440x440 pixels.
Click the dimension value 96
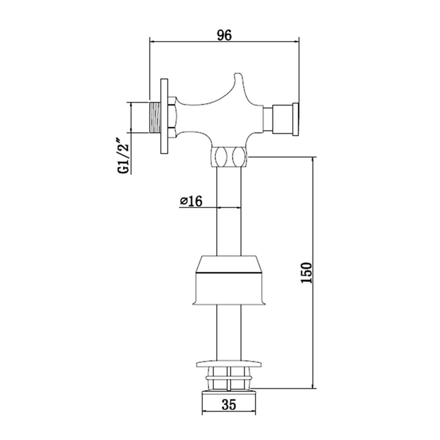(x=224, y=35)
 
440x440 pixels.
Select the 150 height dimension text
(x=306, y=272)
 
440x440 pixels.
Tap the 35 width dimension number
(x=229, y=405)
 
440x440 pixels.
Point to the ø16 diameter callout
(x=191, y=201)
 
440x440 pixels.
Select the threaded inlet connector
(x=154, y=117)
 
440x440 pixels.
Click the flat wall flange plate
(x=164, y=116)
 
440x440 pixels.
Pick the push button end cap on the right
(x=296, y=119)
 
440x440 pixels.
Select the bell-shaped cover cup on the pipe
(x=229, y=280)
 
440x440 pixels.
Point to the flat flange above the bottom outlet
(x=229, y=364)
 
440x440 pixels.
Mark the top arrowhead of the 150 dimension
(x=313, y=161)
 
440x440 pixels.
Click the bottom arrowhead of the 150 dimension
(x=313, y=385)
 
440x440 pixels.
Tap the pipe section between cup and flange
(x=229, y=333)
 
